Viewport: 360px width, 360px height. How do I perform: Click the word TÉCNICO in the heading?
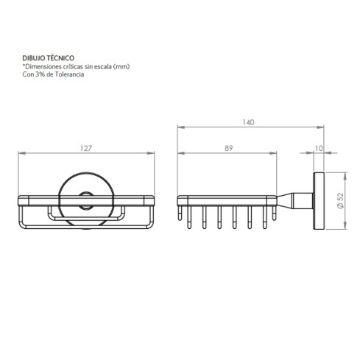(x=60, y=57)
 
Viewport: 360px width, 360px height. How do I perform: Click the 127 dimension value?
(x=86, y=149)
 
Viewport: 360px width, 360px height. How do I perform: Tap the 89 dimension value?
(x=229, y=149)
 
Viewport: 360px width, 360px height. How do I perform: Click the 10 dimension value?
(x=318, y=149)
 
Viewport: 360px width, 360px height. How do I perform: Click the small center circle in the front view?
(x=86, y=197)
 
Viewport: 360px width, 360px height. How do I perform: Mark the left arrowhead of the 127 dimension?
(x=21, y=155)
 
